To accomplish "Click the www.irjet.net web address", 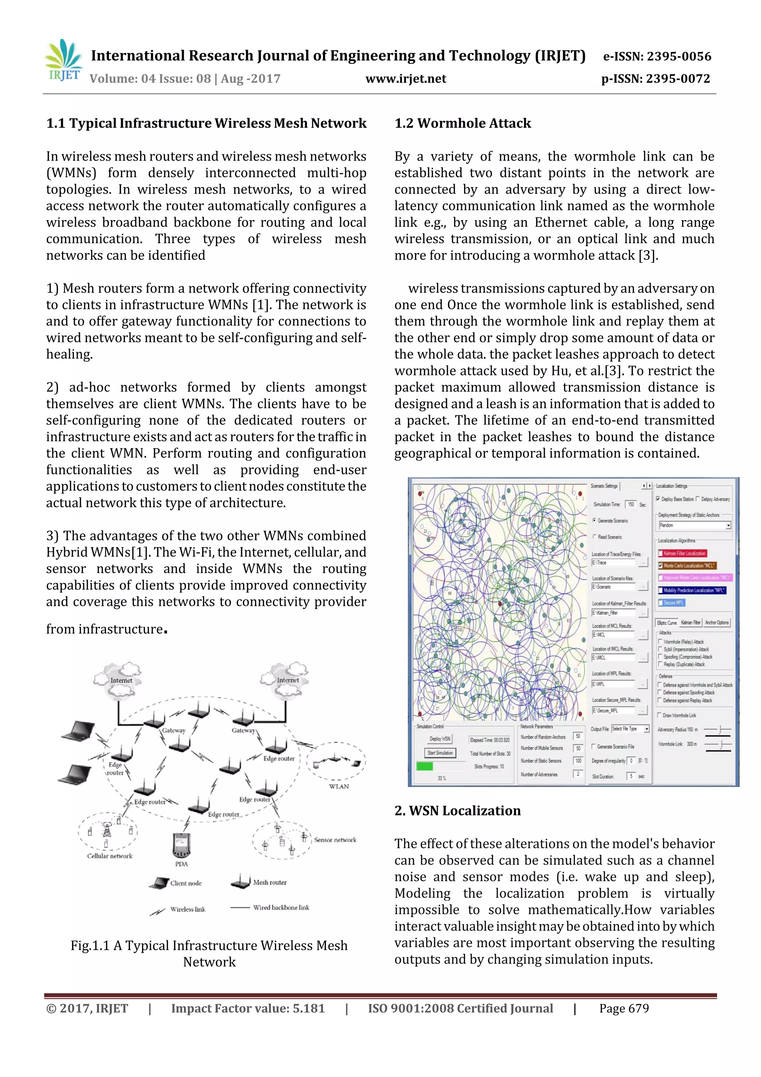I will (406, 78).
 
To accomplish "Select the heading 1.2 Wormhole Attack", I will (462, 123).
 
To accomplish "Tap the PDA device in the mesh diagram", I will (181, 845).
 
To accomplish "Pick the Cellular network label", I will (110, 855).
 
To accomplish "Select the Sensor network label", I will (335, 840).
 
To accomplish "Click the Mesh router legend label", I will (270, 882).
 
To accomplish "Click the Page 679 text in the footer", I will (624, 1008).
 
